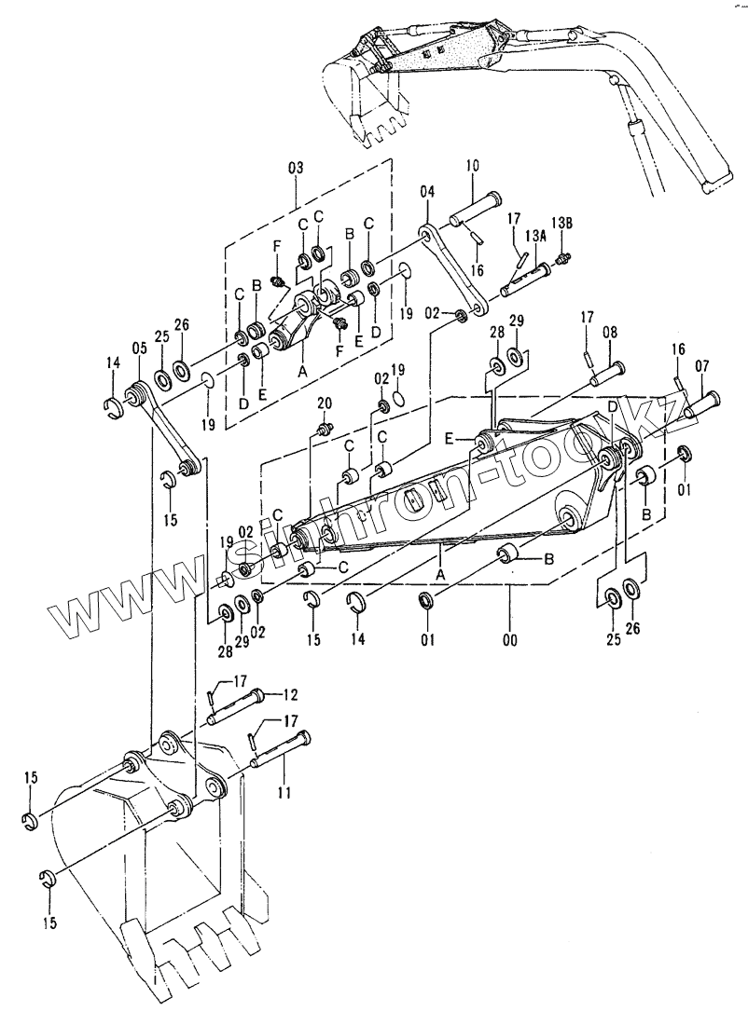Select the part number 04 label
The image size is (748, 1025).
427,193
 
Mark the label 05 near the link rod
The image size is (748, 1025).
139,348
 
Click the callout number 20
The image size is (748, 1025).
325,403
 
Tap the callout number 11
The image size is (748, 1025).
283,792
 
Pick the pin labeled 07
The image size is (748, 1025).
701,403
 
